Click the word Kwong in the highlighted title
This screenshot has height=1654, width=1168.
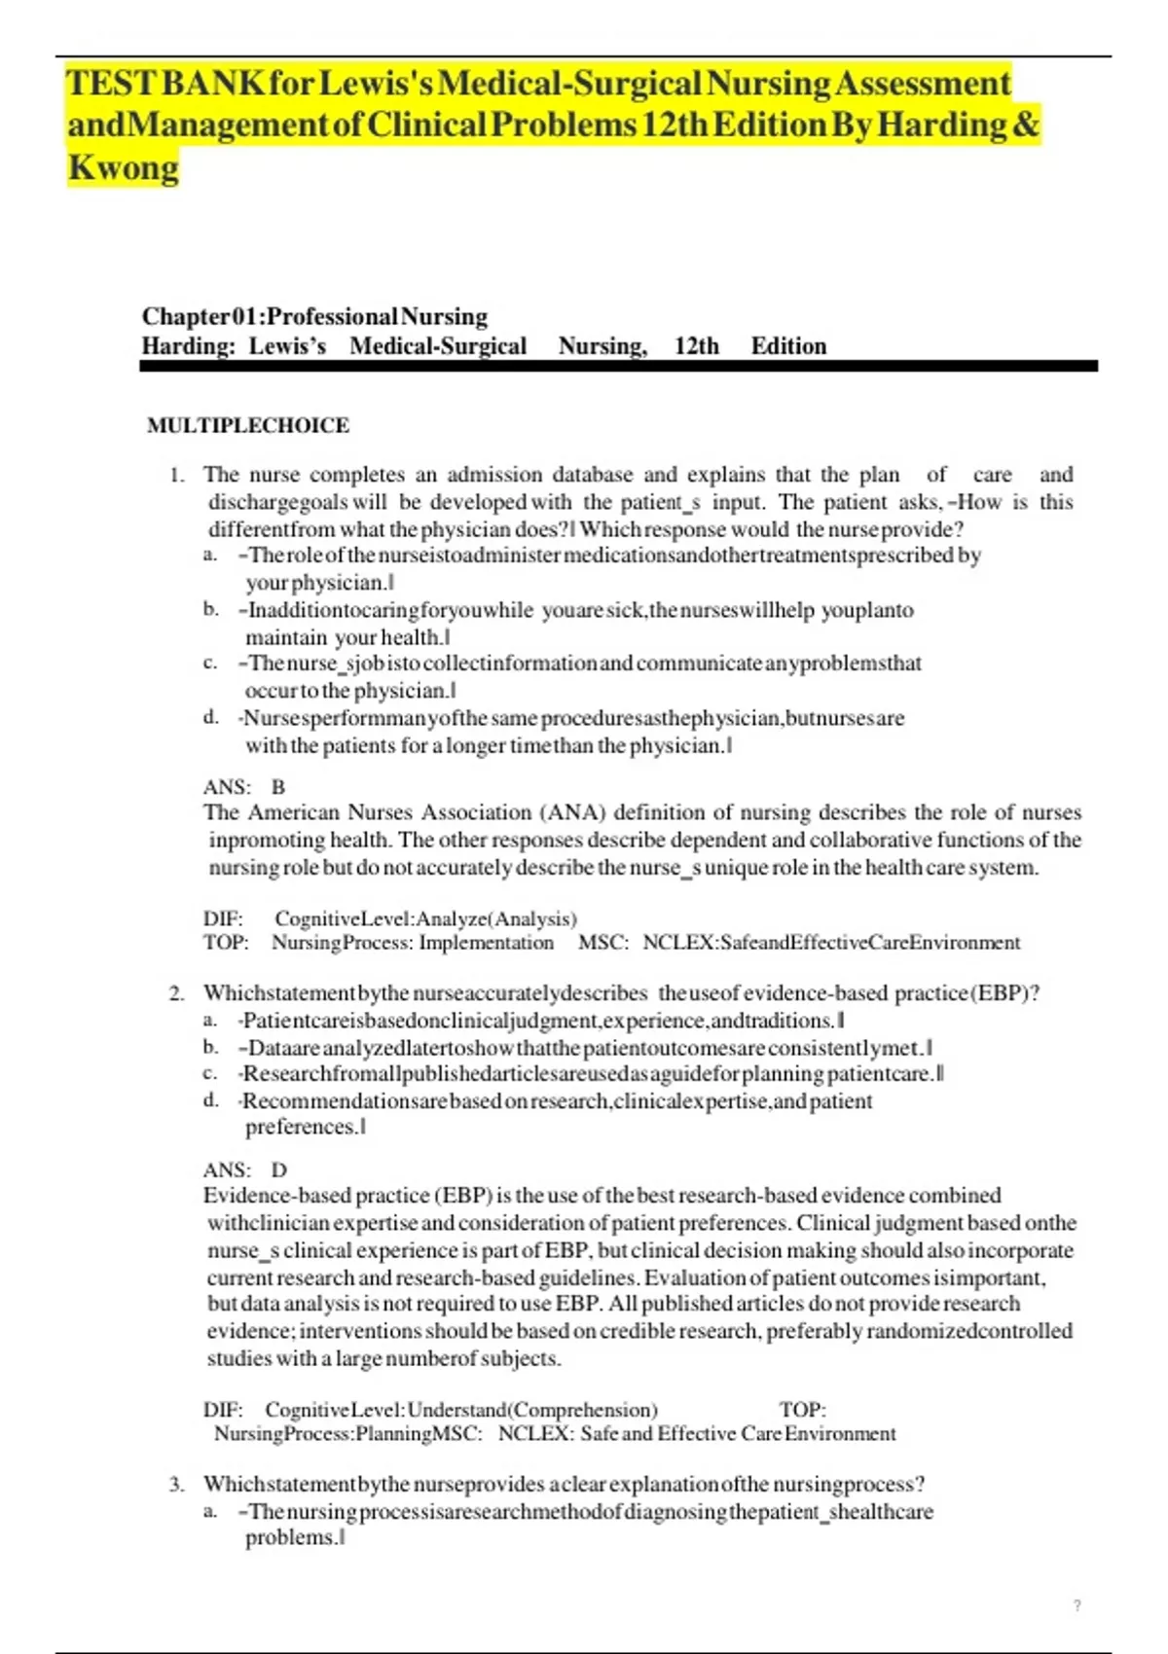pyautogui.click(x=123, y=167)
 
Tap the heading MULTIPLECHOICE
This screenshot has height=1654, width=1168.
pyautogui.click(x=247, y=425)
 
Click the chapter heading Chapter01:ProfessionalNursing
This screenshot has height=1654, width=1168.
pyautogui.click(x=314, y=316)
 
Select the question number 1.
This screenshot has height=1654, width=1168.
pyautogui.click(x=176, y=475)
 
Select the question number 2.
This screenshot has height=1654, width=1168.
pyautogui.click(x=176, y=993)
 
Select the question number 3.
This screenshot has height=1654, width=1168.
pyautogui.click(x=176, y=1485)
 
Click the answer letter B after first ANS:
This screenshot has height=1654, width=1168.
pyautogui.click(x=278, y=787)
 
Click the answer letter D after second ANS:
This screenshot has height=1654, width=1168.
pyautogui.click(x=279, y=1169)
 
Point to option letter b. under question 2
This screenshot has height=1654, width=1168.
pyautogui.click(x=210, y=1047)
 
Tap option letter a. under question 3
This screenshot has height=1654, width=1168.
pyautogui.click(x=210, y=1511)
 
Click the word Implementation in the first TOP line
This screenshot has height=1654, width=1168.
pyautogui.click(x=486, y=943)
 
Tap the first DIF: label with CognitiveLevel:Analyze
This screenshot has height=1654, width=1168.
pyautogui.click(x=223, y=918)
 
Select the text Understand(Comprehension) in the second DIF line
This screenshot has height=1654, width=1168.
pyautogui.click(x=532, y=1410)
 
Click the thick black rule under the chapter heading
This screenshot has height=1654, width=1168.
pyautogui.click(x=618, y=366)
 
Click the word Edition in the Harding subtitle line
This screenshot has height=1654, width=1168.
pyautogui.click(x=788, y=346)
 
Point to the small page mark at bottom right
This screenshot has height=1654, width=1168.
pyautogui.click(x=1077, y=1606)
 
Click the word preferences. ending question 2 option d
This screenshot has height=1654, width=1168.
pyautogui.click(x=302, y=1127)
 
